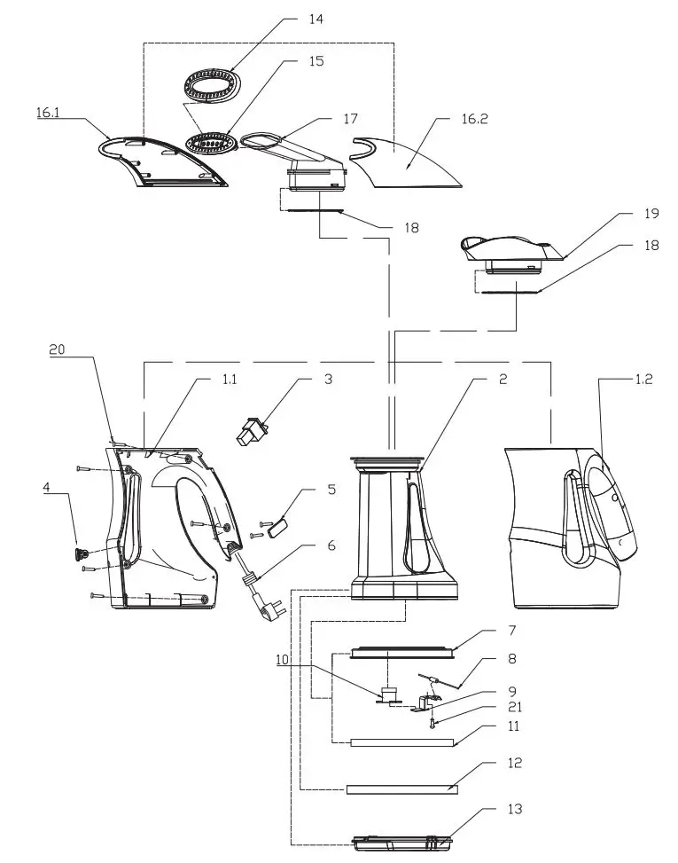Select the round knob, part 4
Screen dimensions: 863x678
pyautogui.click(x=80, y=553)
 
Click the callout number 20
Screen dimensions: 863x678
pyautogui.click(x=58, y=350)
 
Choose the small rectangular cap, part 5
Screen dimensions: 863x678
pyautogui.click(x=275, y=525)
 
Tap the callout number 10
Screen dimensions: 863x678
pyautogui.click(x=283, y=659)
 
